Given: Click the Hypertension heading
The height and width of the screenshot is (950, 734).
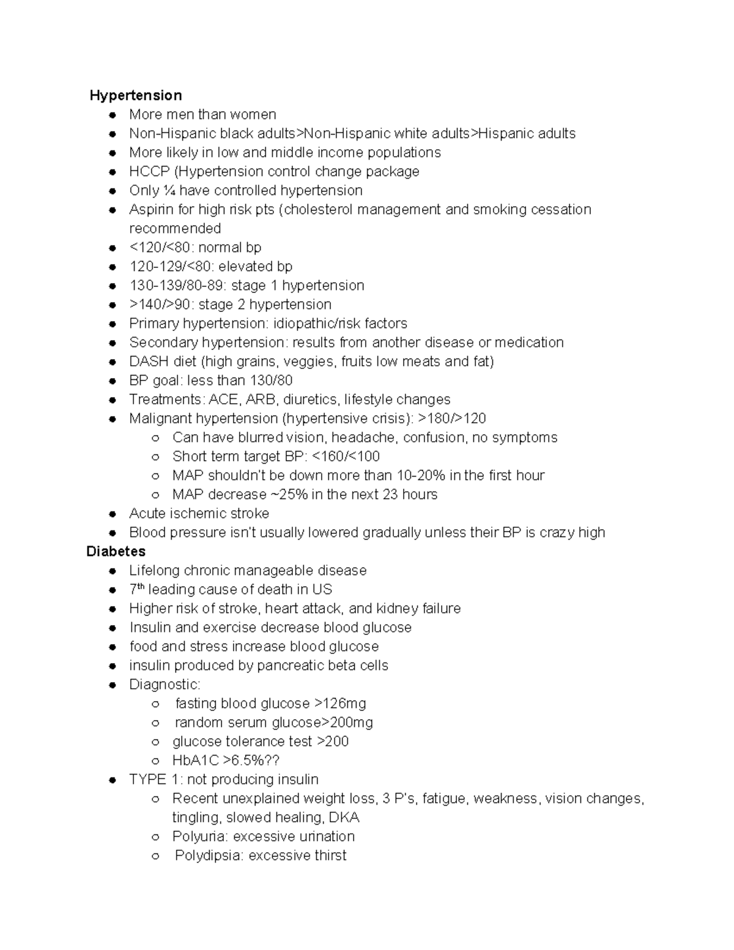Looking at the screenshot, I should click(135, 95).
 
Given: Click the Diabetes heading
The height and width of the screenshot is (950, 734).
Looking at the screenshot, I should click(116, 552).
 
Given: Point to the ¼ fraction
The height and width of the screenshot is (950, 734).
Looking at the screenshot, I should click(169, 191).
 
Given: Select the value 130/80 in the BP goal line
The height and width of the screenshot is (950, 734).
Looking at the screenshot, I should click(271, 380).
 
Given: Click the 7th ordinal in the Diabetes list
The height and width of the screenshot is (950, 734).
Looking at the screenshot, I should click(136, 589).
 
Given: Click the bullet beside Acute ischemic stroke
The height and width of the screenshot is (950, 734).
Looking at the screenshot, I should click(113, 514).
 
